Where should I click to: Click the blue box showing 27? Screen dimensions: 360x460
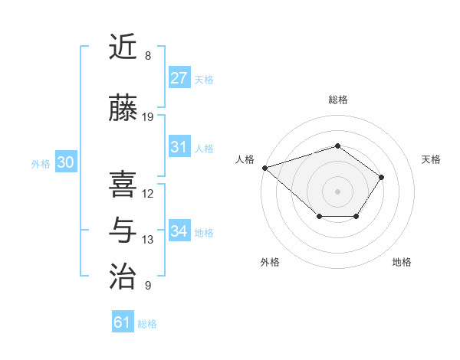[x=179, y=78]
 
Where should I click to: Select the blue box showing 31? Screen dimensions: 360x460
[x=179, y=147]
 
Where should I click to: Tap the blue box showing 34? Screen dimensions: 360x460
[x=179, y=231]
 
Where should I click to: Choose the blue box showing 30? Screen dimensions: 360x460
[x=65, y=162]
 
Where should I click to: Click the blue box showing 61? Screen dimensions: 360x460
[x=122, y=322]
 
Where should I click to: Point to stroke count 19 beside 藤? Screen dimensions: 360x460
[x=148, y=117]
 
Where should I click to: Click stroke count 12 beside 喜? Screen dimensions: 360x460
[x=148, y=194]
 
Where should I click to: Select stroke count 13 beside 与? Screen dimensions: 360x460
[x=148, y=240]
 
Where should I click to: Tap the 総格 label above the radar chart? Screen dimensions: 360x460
[x=337, y=100]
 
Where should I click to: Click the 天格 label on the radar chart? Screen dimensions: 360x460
[x=431, y=159]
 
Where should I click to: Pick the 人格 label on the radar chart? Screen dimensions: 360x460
[x=245, y=159]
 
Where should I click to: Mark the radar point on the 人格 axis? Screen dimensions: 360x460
[x=264, y=168]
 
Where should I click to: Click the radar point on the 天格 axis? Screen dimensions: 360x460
[x=382, y=177]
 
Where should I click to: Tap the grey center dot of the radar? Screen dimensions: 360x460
[x=337, y=191]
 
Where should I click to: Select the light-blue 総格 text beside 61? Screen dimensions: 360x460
[x=147, y=324]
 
